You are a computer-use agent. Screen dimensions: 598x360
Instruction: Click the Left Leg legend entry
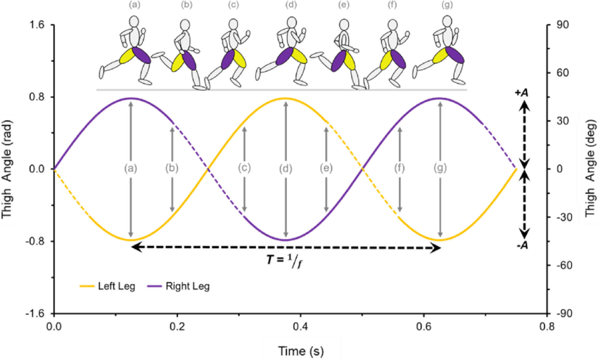(108, 286)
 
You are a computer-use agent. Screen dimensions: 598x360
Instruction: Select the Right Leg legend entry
(179, 286)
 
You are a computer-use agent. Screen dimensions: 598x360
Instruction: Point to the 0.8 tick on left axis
(37, 97)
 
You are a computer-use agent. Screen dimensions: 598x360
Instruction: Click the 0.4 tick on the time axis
(300, 326)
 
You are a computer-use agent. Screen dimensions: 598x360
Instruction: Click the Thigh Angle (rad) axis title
(7, 169)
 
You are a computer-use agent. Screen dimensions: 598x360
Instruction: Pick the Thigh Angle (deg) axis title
(590, 169)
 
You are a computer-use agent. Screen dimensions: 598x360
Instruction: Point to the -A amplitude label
(522, 245)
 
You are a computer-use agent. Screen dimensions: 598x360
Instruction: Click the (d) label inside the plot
(285, 168)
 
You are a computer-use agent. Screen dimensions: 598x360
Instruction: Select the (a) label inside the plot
(130, 168)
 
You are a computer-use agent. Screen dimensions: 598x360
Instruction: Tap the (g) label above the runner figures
(447, 5)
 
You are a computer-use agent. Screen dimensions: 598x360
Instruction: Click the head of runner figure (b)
(185, 25)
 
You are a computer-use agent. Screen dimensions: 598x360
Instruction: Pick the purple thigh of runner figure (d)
(284, 57)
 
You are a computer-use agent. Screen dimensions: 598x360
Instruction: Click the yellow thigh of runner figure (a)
(126, 56)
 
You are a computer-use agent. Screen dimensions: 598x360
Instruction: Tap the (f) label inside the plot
(400, 168)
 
